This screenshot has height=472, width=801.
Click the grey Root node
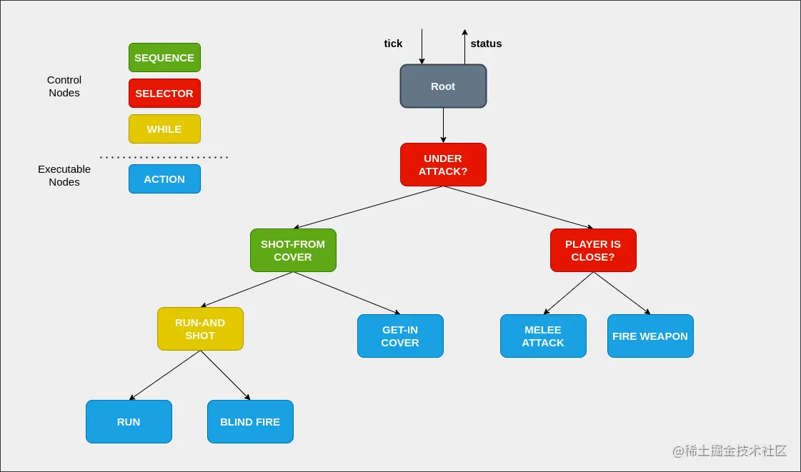[443, 86]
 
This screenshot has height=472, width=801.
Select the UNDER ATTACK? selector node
[443, 165]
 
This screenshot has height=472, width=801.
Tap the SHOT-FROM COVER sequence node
[293, 251]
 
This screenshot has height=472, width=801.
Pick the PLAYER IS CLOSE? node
[593, 251]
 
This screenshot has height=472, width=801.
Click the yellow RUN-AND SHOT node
[200, 329]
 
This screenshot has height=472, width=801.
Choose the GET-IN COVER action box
[400, 336]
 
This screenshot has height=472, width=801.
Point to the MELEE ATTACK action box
[543, 336]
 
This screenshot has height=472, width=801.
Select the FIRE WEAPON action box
[650, 336]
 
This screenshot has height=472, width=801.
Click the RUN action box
[129, 422]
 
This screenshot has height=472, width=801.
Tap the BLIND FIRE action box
[250, 422]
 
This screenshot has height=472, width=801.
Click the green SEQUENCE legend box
[164, 58]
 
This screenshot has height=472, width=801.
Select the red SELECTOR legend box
[164, 94]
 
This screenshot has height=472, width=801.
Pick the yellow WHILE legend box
[164, 129]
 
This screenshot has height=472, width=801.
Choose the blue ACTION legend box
[164, 179]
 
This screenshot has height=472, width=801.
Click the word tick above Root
[393, 44]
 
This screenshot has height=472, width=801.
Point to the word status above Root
[486, 44]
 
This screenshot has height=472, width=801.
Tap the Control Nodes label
[64, 86]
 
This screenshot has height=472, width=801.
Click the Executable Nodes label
[64, 176]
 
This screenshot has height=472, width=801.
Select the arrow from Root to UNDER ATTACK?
[443, 126]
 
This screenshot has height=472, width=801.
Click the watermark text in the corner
[730, 451]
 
